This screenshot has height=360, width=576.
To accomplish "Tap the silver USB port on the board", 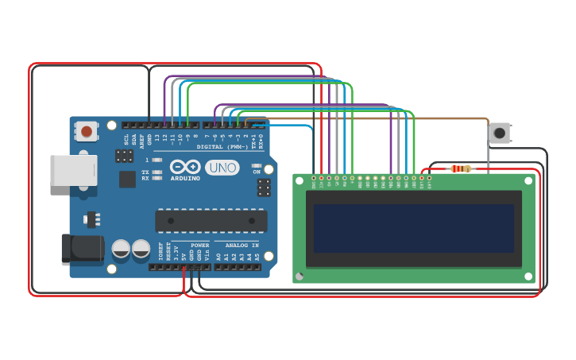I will click(x=73, y=170).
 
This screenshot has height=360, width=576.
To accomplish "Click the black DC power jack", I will click(x=82, y=248).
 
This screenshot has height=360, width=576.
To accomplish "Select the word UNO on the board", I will click(x=222, y=168).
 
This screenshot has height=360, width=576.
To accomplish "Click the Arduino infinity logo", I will click(x=184, y=167).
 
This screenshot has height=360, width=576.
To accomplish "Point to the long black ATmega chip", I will click(x=211, y=221).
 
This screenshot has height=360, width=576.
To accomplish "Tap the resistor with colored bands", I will click(x=460, y=168).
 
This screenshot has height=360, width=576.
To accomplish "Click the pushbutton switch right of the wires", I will click(x=499, y=133).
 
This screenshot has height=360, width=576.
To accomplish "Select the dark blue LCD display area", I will click(x=413, y=228).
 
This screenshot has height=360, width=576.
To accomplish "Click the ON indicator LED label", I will click(x=256, y=172).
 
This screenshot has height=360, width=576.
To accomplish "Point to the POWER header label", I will click(x=199, y=245).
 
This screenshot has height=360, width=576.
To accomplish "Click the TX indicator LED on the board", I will click(x=157, y=172).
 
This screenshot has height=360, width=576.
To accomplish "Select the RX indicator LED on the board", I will click(x=157, y=179).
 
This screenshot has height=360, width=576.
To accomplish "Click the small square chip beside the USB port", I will click(x=127, y=180).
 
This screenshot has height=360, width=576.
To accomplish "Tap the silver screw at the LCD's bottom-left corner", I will click(x=300, y=276).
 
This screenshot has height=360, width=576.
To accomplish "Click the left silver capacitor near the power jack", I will click(x=121, y=249).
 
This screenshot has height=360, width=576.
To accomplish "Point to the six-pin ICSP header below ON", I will click(x=263, y=188).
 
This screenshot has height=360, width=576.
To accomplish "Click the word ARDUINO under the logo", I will click(x=184, y=178).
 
